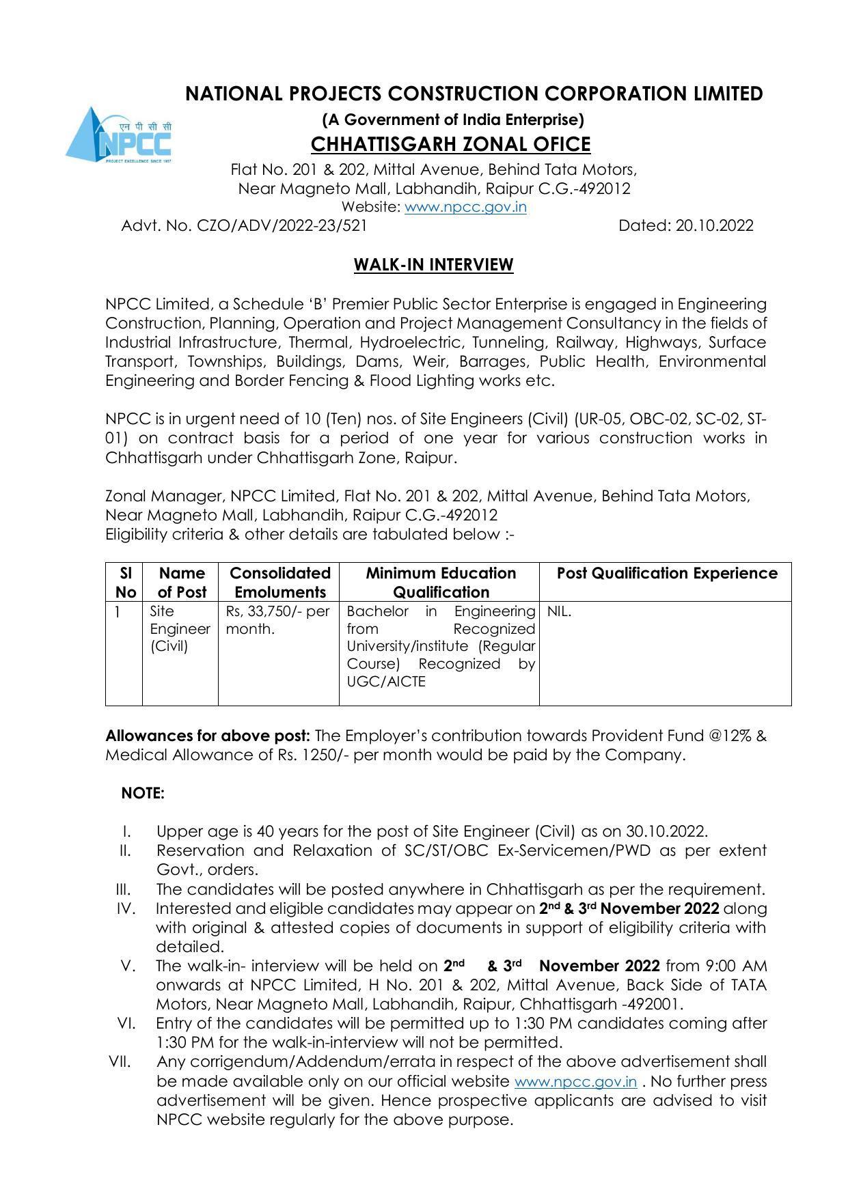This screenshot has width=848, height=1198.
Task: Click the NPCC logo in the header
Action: coord(120,135)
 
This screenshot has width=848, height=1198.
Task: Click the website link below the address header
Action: coord(465,207)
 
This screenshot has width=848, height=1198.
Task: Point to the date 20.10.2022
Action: coord(714,226)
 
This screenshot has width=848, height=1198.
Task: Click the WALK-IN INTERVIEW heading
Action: coord(433,265)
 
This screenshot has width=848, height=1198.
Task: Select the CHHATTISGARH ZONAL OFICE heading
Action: coord(450,145)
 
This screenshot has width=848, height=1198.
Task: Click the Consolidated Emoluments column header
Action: coord(279,583)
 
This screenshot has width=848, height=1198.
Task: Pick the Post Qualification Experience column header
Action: coord(666,574)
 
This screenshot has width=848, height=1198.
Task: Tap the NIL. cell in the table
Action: coord(559,612)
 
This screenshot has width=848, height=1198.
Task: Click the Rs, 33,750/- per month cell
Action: coord(277,620)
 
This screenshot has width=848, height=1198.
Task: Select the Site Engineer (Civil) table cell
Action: coord(179,629)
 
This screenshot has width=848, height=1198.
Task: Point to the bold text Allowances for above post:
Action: coord(208,736)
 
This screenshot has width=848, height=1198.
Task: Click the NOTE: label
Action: coord(143,794)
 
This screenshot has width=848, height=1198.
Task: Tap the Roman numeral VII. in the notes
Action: coord(120,1062)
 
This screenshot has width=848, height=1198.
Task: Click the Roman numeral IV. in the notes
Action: coord(126,909)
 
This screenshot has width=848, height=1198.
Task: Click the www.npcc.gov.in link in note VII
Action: coord(575,1082)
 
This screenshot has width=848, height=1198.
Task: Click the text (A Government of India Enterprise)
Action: coord(453,120)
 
